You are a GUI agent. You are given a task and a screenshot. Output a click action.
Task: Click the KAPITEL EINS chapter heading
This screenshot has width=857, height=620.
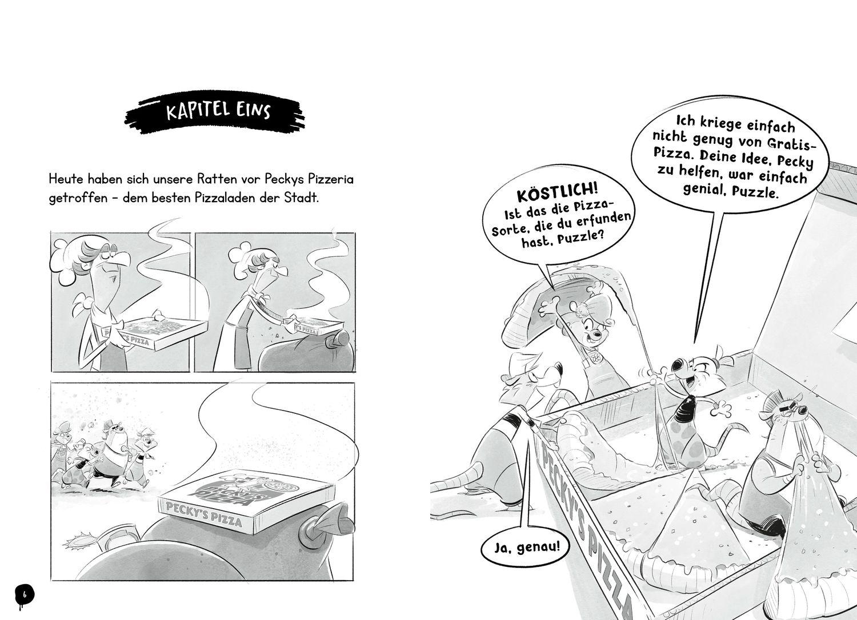215,112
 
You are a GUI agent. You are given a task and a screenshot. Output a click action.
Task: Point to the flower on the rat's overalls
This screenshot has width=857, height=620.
596,358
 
